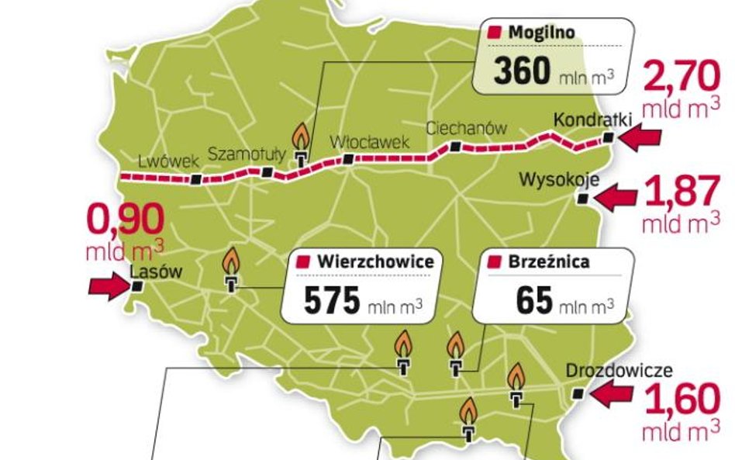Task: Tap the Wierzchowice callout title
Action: tap(374, 261)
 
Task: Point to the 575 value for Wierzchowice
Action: tap(332, 302)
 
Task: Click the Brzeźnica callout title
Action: tap(548, 261)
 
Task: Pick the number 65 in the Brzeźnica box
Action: tap(533, 302)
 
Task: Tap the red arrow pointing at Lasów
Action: tap(106, 286)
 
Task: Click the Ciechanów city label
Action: tap(467, 129)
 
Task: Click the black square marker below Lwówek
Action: tap(197, 179)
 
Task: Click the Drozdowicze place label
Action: tap(619, 372)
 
